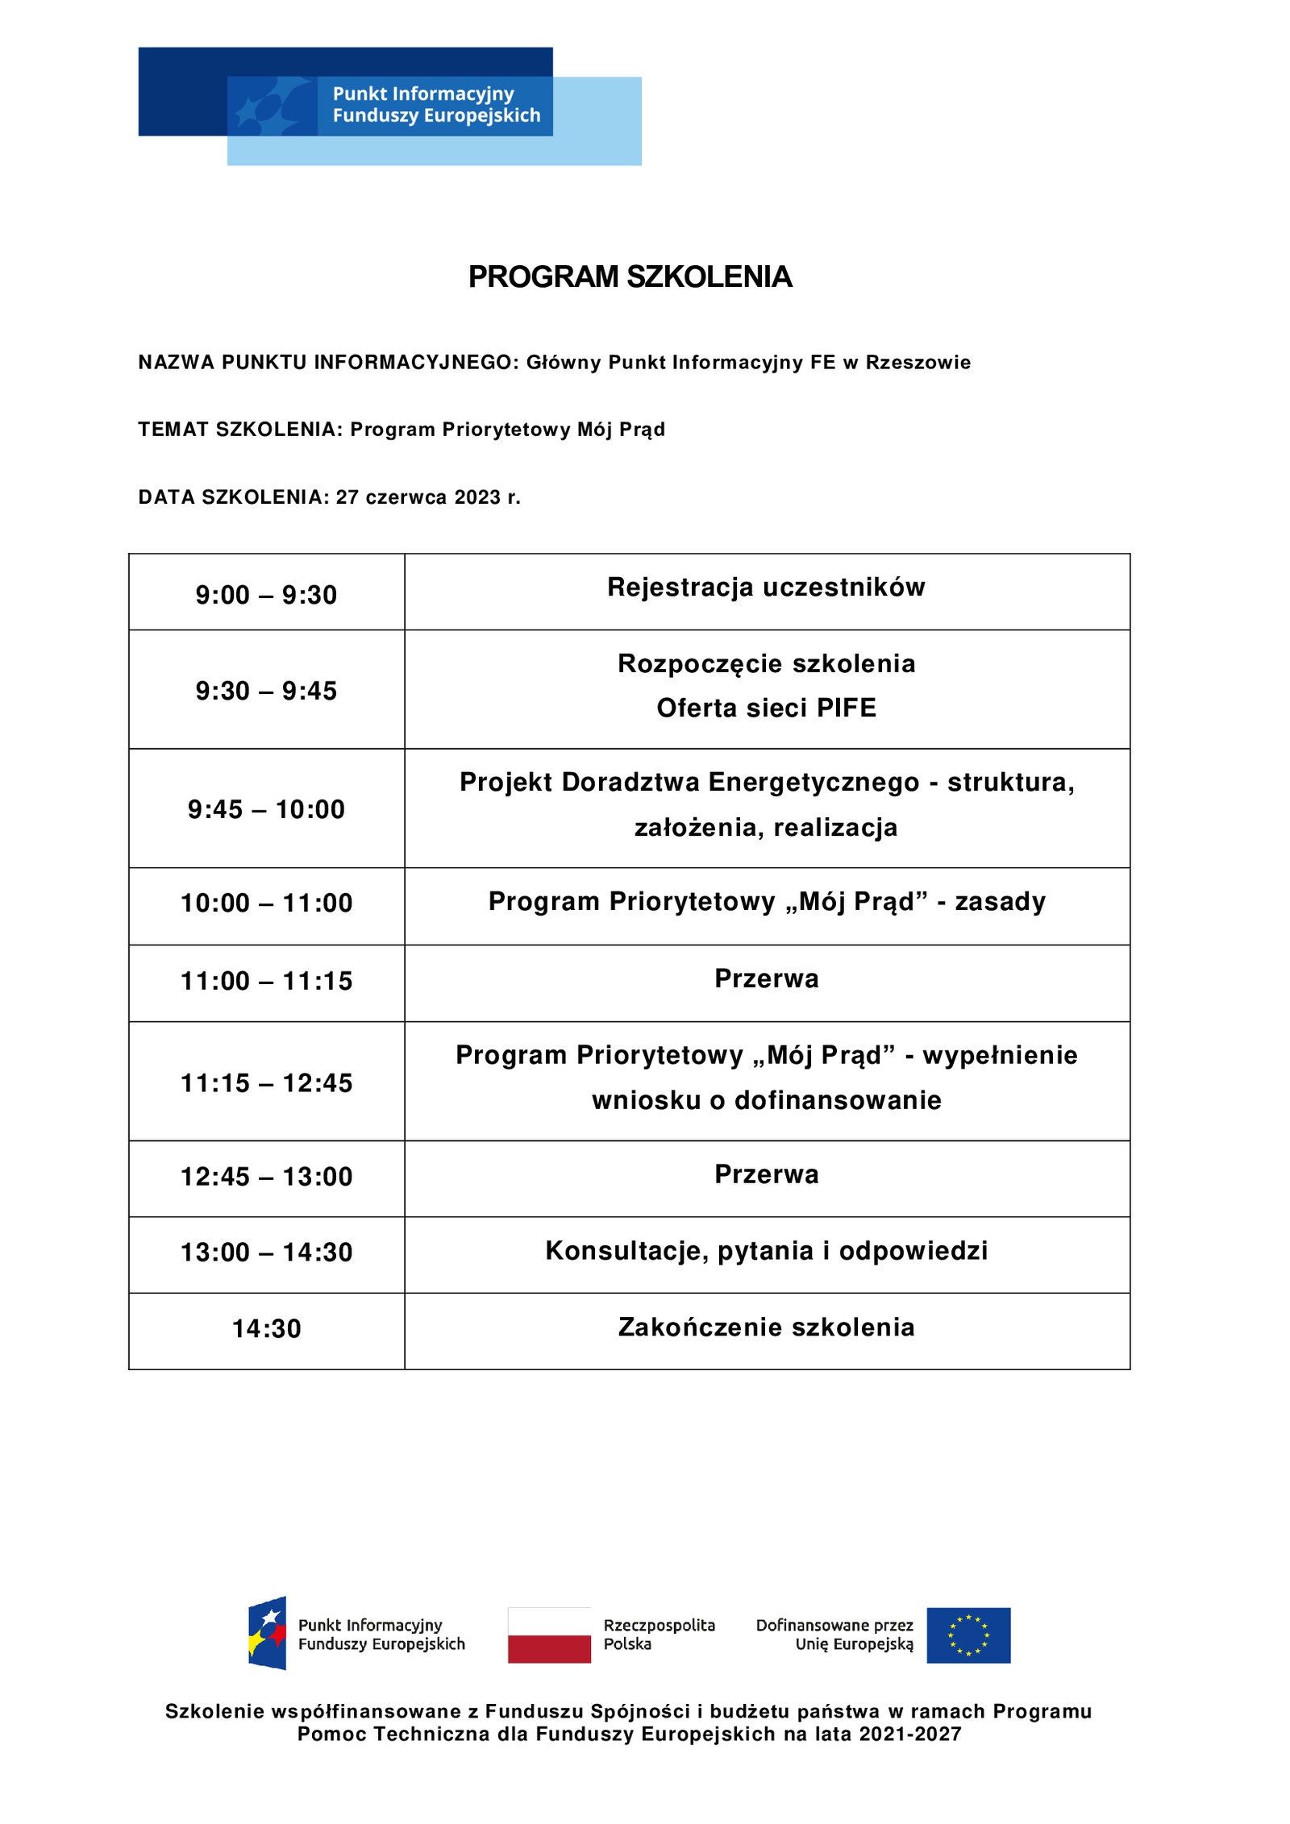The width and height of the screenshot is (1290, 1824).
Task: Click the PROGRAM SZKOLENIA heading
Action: tap(630, 276)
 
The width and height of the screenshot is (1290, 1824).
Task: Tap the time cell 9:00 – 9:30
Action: tap(266, 595)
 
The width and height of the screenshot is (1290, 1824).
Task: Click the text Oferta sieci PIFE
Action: tap(766, 708)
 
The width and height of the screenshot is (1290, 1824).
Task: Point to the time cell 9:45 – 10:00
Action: tap(266, 809)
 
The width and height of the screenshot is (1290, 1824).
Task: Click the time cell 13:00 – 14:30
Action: tap(266, 1252)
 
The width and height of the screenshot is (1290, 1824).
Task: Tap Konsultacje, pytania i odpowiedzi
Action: tap(766, 1250)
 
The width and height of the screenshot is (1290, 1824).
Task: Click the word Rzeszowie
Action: tap(918, 363)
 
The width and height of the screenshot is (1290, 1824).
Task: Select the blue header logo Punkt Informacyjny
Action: tap(389, 105)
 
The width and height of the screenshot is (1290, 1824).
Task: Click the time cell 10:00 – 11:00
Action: tap(266, 903)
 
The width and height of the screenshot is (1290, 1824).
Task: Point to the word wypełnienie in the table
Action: tap(1000, 1055)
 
